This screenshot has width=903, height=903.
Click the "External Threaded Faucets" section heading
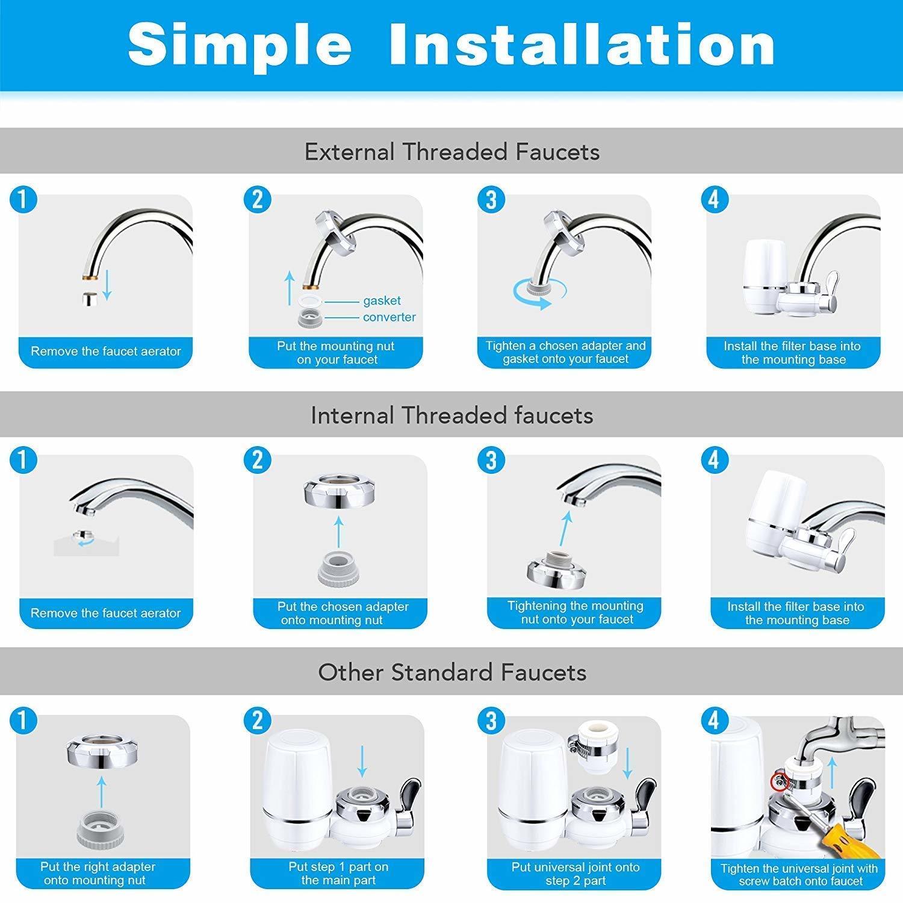coord(451,152)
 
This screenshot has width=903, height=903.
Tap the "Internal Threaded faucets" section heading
coord(451,415)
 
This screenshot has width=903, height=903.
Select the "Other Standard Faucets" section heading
coord(451,672)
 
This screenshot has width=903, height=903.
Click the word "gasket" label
coord(382,301)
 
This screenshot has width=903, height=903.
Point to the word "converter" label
coord(389,317)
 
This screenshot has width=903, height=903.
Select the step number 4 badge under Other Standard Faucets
coord(714,721)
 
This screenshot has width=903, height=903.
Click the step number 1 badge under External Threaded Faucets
coord(23,199)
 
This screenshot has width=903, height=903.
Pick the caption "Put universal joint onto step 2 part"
coord(575,874)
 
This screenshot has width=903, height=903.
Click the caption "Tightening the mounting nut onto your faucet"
coord(575,613)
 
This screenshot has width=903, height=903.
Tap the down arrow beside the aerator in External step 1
coord(107,285)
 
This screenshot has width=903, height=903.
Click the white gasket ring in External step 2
coord(311,301)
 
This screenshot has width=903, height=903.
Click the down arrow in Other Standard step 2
coord(362,761)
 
